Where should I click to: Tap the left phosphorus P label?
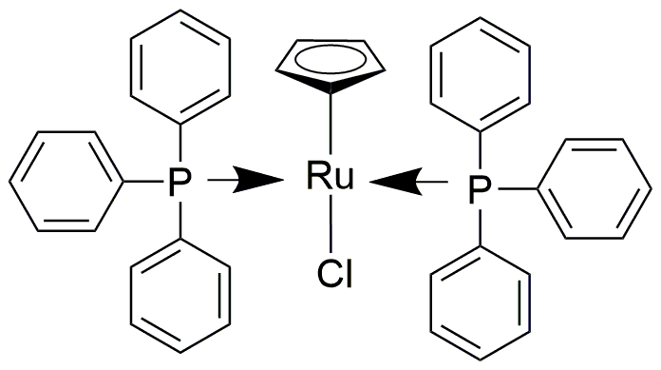tap(174, 181)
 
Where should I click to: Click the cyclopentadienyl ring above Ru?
tap(329, 63)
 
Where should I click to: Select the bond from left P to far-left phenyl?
tap(136, 180)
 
